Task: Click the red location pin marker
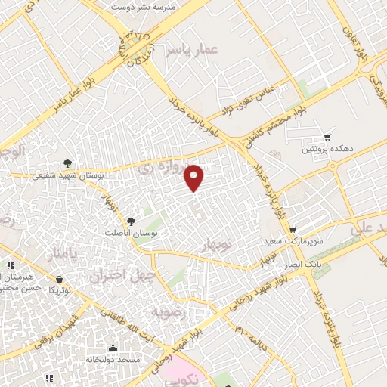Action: [x=194, y=177]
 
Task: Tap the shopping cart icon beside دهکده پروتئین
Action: [x=327, y=138]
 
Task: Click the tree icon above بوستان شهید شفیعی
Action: [x=68, y=163]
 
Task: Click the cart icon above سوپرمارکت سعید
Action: [x=293, y=229]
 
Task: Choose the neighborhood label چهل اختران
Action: [x=116, y=276]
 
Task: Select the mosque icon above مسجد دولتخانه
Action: [x=113, y=348]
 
